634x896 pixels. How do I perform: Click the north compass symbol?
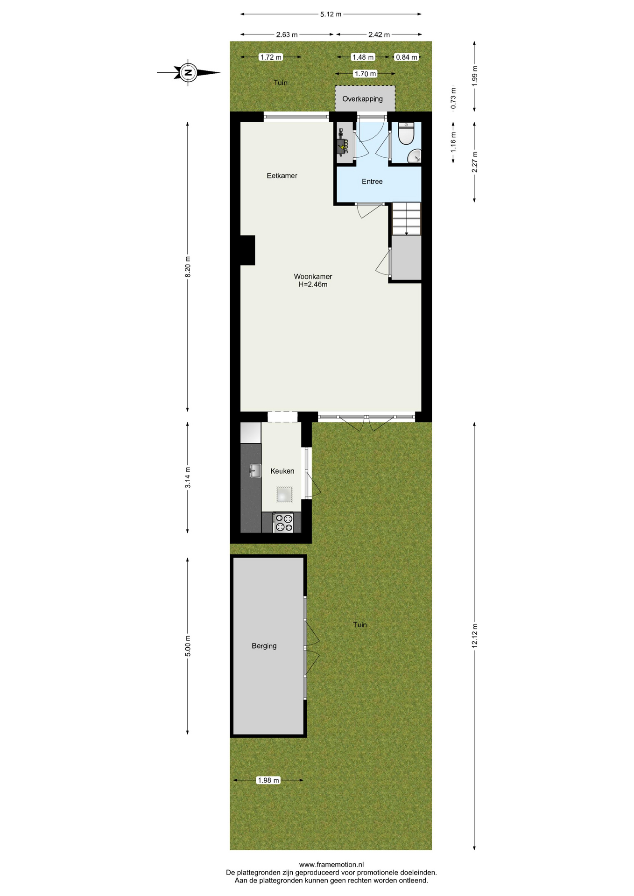[x=188, y=73]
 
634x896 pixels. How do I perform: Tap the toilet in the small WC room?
[x=406, y=133]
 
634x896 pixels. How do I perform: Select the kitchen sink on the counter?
[x=255, y=470]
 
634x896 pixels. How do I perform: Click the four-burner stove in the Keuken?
[x=283, y=523]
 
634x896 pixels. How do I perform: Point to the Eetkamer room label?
[x=282, y=176]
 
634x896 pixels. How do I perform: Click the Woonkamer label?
[x=313, y=277]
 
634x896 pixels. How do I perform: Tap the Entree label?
[x=372, y=182]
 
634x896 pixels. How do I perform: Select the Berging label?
[x=264, y=646]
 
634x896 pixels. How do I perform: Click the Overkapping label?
[x=363, y=99]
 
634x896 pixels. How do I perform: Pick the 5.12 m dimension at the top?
[x=331, y=14]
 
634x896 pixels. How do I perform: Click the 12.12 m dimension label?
[x=475, y=635]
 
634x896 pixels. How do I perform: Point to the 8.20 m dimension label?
[x=188, y=267]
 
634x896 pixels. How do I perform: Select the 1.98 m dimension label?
[x=268, y=780]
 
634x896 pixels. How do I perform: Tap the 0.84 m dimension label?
[x=407, y=57]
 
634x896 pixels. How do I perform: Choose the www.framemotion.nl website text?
[x=331, y=865]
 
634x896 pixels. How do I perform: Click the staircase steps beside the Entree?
[x=407, y=219]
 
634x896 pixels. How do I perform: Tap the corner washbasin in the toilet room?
[x=415, y=156]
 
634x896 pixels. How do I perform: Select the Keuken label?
[x=282, y=471]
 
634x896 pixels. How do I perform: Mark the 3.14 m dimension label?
[x=188, y=477]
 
